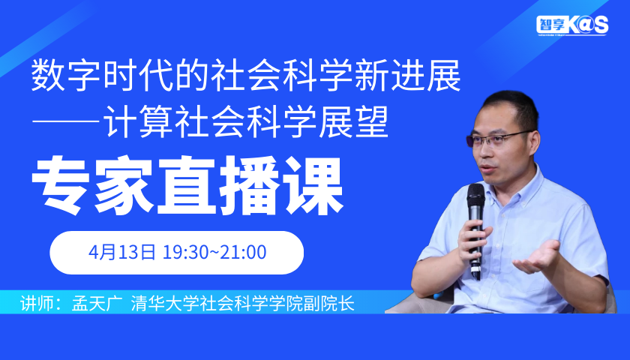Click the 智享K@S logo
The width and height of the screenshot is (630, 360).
(572, 25)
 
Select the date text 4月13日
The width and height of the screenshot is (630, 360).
(122, 252)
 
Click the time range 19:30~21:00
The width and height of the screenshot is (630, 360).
(214, 252)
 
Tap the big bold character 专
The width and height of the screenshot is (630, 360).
(60, 186)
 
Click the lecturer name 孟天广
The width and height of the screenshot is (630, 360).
(94, 303)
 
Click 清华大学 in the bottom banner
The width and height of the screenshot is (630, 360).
(162, 303)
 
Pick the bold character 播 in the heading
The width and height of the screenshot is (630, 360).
(250, 186)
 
